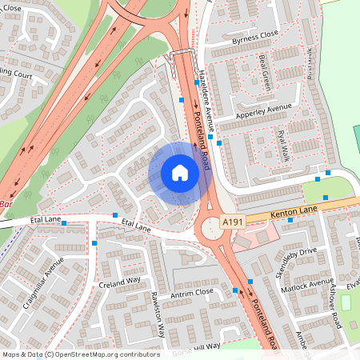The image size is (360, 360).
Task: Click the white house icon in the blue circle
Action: click(180, 173)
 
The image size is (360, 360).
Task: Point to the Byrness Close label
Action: click(254, 35)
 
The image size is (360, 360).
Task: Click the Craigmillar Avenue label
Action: click(43, 281)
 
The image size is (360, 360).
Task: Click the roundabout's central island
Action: click(214, 230)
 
